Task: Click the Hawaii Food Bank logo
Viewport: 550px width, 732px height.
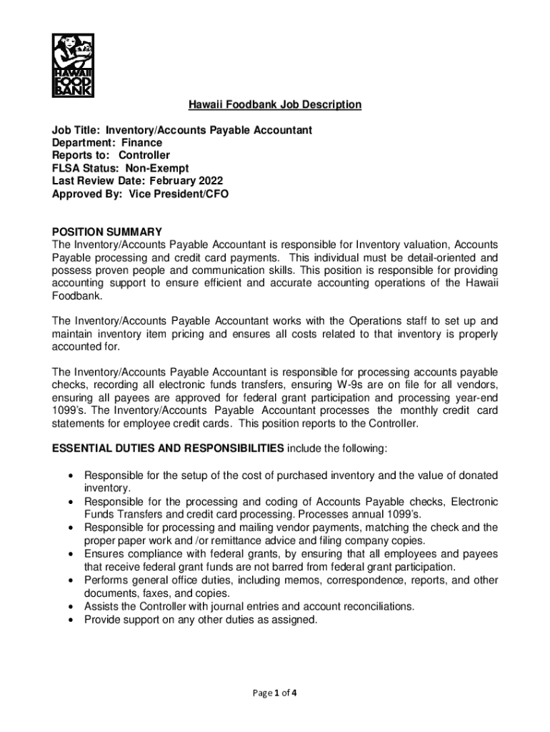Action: point(74,65)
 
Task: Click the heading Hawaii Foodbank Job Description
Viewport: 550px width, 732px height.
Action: point(275,105)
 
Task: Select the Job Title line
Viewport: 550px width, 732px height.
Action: point(181,130)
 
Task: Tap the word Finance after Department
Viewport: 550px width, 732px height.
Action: point(141,143)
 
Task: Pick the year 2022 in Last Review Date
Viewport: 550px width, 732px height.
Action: point(209,181)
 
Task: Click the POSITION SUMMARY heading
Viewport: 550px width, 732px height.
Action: point(107,232)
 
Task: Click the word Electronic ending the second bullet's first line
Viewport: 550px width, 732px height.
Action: point(475,502)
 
